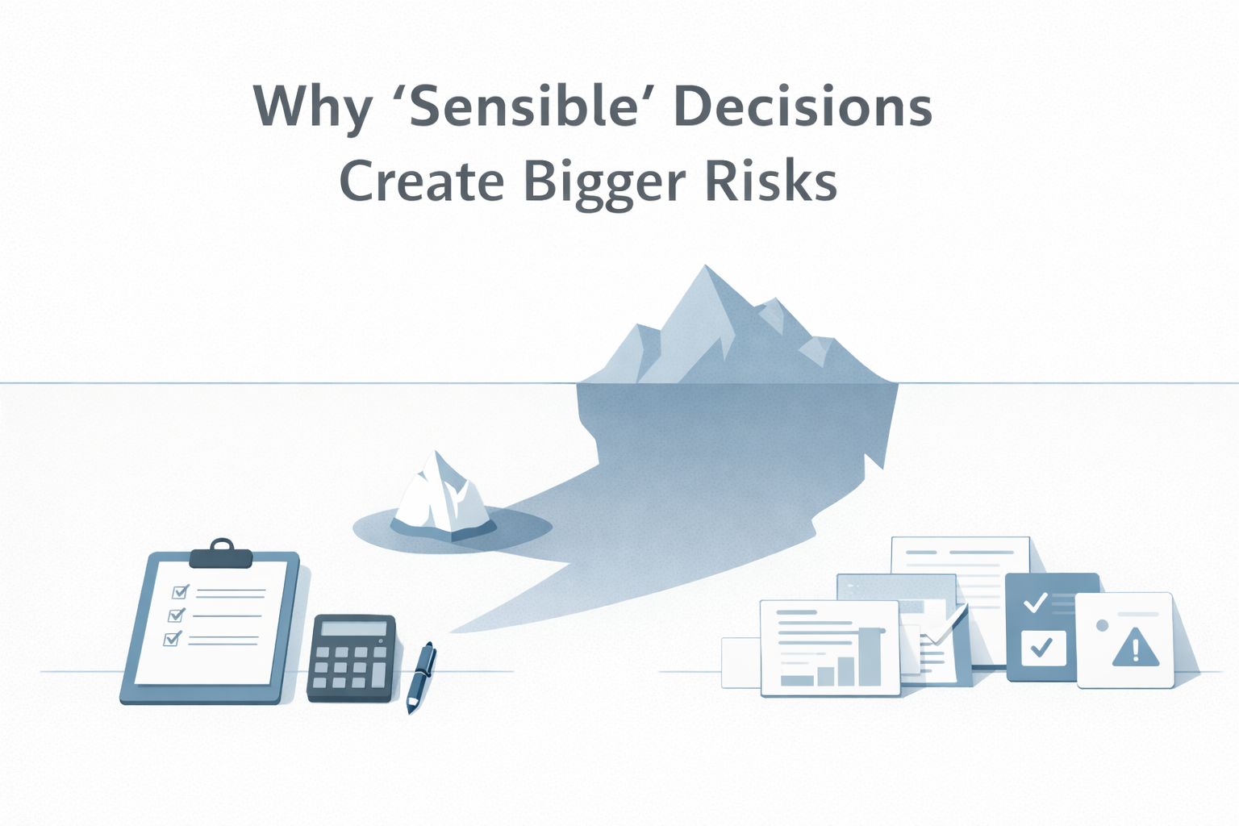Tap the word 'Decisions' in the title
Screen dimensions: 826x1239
[803, 106]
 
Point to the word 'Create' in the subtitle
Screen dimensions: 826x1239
[421, 181]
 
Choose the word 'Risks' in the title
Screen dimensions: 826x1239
[771, 181]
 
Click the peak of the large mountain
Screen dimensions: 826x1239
[706, 268]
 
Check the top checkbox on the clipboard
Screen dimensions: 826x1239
[179, 592]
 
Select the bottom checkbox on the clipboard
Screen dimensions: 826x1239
[171, 639]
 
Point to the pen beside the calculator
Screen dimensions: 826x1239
[420, 676]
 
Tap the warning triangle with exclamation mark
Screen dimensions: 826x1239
[1135, 648]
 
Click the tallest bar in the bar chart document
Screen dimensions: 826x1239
[870, 657]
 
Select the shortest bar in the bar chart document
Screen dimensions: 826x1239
[798, 679]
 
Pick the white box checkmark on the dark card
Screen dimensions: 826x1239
[1042, 647]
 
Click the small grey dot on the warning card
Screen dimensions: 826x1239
[1102, 625]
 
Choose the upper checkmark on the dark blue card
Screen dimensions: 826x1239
[1035, 602]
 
